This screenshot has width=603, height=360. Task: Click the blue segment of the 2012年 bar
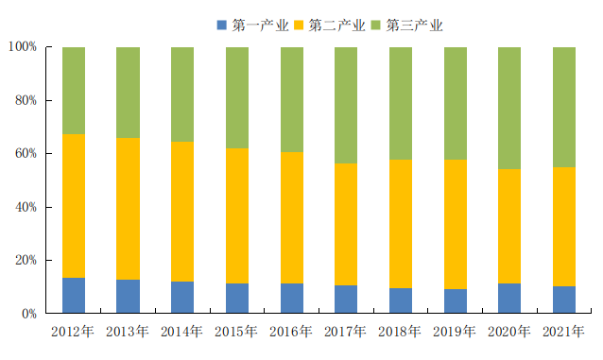tap(74, 296)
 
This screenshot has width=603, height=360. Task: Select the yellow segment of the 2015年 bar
tap(237, 215)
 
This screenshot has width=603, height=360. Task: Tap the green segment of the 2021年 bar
tap(564, 107)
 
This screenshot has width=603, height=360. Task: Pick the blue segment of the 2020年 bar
tap(509, 298)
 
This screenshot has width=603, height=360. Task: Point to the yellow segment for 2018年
tap(401, 224)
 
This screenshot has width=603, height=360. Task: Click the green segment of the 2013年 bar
tap(128, 93)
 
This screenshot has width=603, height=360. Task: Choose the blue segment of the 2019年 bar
tap(456, 301)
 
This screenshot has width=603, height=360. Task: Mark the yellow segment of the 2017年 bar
tap(346, 224)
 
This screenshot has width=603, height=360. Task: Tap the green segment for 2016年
tap(292, 99)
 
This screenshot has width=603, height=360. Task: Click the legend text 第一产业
tap(260, 26)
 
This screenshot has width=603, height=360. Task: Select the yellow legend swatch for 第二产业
tap(299, 26)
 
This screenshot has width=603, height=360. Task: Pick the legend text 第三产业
tap(415, 26)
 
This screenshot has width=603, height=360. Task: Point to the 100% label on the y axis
tap(23, 47)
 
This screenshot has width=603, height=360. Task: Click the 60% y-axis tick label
tap(26, 153)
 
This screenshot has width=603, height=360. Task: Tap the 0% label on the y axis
tap(29, 314)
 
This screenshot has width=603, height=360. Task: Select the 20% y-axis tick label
tap(26, 260)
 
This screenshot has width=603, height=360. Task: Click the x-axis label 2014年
tap(181, 331)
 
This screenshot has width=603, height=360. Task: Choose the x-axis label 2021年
tap(563, 331)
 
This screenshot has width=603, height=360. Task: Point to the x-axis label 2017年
tap(345, 331)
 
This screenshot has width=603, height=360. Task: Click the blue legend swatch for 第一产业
tap(222, 26)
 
